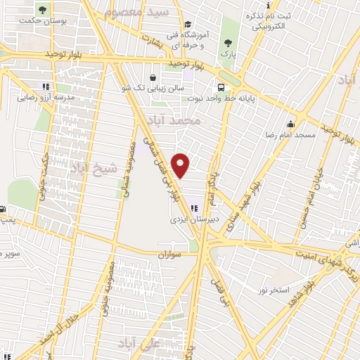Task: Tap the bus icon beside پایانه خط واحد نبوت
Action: (221, 88)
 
